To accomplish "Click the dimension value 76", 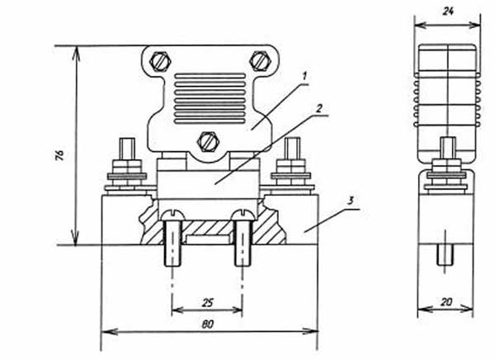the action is [59, 155].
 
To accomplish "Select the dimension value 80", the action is [207, 324].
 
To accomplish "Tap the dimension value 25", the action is [207, 303].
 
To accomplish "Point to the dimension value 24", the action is [448, 12].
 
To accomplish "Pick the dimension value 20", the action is [445, 302].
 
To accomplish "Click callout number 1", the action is [304, 76].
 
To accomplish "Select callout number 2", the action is [318, 108].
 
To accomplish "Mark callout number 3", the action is [350, 201].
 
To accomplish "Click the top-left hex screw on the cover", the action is [160, 61].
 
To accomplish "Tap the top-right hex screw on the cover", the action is [260, 60].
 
